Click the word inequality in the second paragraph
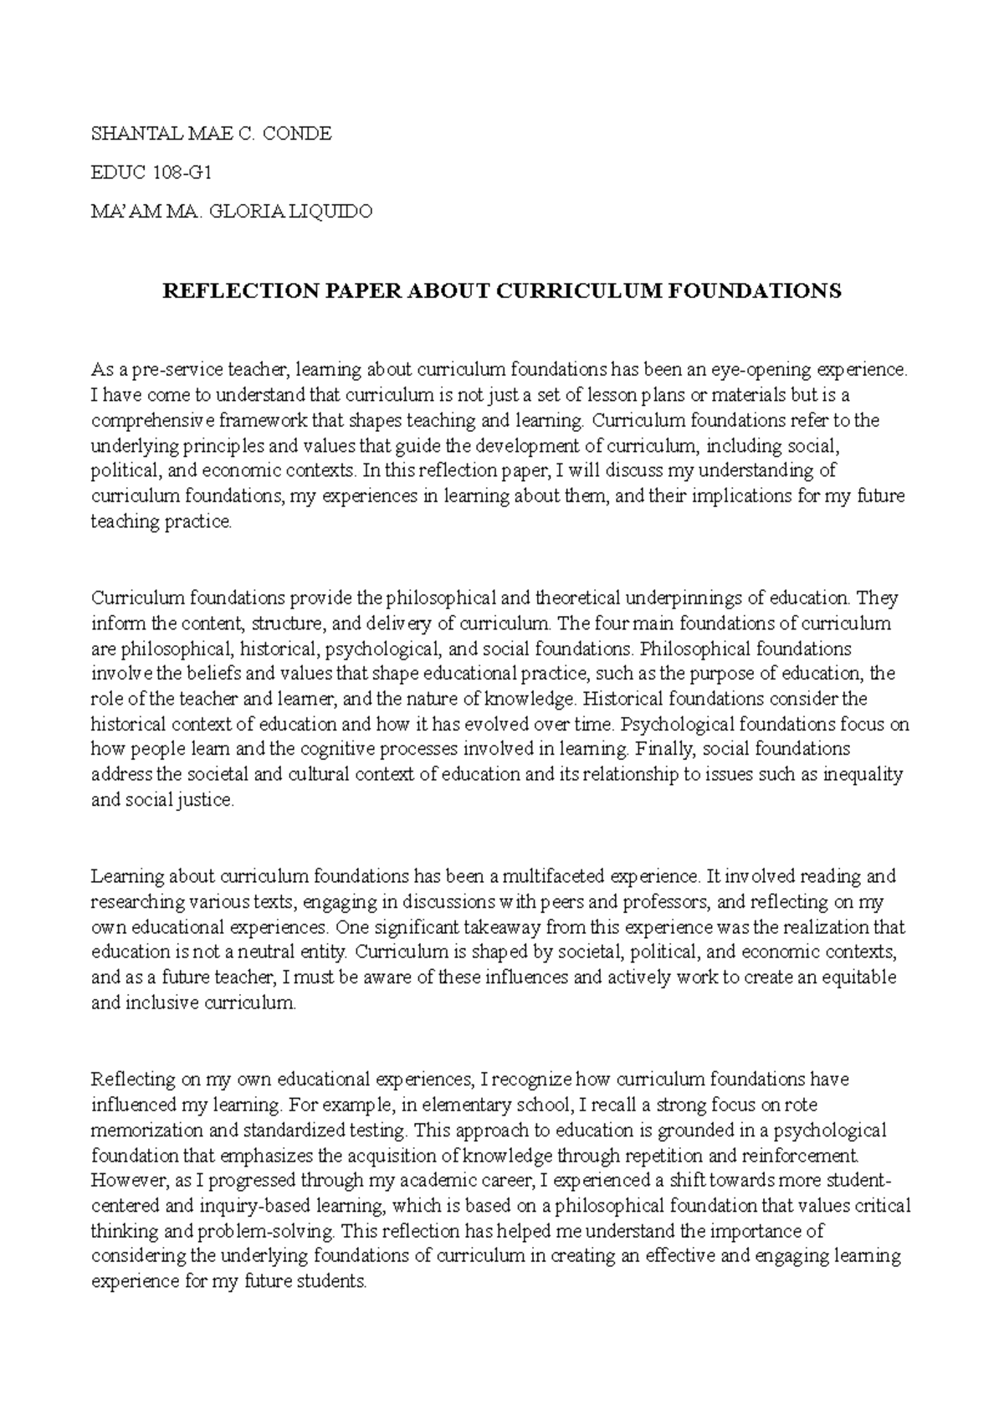[863, 774]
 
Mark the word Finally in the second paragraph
[661, 749]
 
